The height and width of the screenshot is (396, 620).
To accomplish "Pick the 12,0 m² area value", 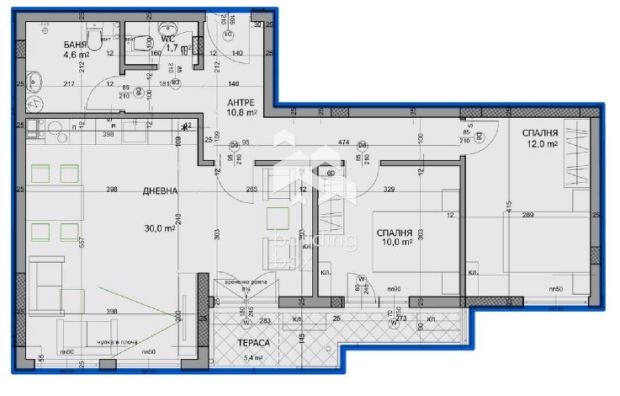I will click(x=543, y=144).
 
